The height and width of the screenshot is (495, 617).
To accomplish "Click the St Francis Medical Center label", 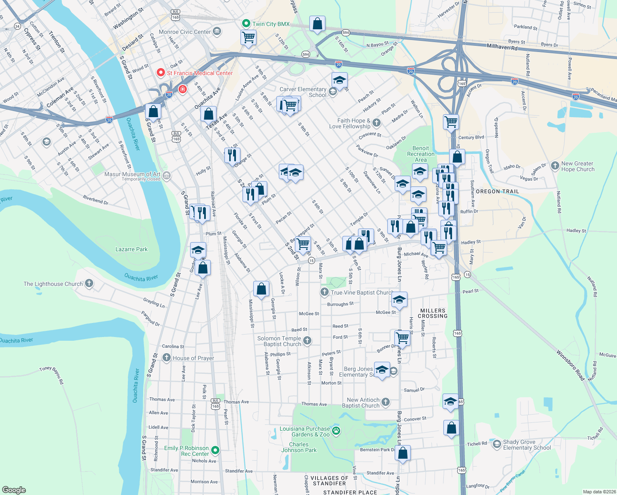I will [200, 73].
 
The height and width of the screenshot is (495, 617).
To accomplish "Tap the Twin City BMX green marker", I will [246, 24].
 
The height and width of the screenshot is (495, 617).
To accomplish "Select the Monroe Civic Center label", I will [185, 32].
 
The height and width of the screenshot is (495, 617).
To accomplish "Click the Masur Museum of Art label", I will [132, 174].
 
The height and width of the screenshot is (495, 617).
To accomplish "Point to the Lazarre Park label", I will [131, 249].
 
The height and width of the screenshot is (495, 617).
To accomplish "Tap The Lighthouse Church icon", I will [89, 283].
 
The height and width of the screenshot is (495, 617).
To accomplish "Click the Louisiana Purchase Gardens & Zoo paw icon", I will [337, 431].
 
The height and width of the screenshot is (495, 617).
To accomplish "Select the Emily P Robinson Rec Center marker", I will [215, 450].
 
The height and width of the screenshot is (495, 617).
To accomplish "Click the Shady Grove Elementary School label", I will [527, 445].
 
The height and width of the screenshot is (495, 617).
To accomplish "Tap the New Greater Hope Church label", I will [577, 166].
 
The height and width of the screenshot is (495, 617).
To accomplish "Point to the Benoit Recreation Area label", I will [421, 154].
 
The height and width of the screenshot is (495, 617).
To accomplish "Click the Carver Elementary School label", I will [303, 92].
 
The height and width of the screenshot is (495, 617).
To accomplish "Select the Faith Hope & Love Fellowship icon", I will [377, 123].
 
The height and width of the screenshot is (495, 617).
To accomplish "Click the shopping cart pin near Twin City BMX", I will [248, 38].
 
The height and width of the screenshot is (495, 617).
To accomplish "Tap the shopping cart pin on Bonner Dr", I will [403, 339].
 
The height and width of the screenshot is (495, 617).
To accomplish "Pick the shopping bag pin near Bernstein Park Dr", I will [403, 453].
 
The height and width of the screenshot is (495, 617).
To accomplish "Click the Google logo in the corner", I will [14, 490].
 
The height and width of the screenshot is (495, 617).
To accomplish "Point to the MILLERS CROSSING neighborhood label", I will [432, 313].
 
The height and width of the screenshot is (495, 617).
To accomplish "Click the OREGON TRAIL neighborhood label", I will [497, 191].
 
